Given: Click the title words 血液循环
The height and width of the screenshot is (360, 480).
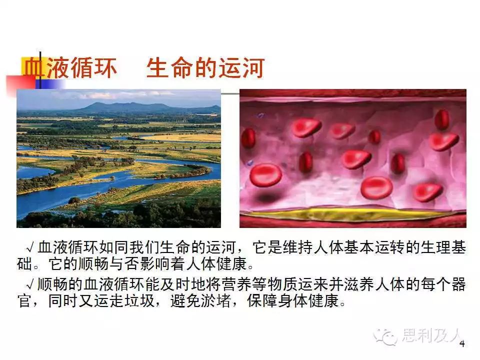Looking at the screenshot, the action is (70, 68).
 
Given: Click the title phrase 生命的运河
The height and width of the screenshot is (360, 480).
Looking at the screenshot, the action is (205, 68).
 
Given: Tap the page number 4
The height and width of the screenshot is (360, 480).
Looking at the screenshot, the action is (462, 344).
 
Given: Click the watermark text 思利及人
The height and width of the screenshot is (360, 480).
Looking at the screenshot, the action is (432, 335).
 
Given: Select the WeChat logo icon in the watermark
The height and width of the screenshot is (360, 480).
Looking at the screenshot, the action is (385, 336).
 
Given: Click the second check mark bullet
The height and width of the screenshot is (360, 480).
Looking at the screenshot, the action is (30, 285).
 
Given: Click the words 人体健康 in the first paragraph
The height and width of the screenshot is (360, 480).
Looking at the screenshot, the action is (216, 264).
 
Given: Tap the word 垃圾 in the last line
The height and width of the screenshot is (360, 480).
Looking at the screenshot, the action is (139, 301).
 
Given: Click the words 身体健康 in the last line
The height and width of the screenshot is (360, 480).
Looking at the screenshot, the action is (308, 301).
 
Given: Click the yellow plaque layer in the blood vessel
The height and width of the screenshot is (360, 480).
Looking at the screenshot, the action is (352, 214).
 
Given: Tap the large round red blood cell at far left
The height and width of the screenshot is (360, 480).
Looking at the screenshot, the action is (265, 175).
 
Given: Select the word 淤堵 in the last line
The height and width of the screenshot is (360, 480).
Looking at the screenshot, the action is (216, 301).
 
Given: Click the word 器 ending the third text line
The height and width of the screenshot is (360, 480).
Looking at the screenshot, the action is (458, 284).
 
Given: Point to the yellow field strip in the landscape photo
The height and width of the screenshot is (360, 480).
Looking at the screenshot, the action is (183, 138).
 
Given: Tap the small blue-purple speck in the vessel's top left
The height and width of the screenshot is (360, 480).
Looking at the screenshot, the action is (260, 115).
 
